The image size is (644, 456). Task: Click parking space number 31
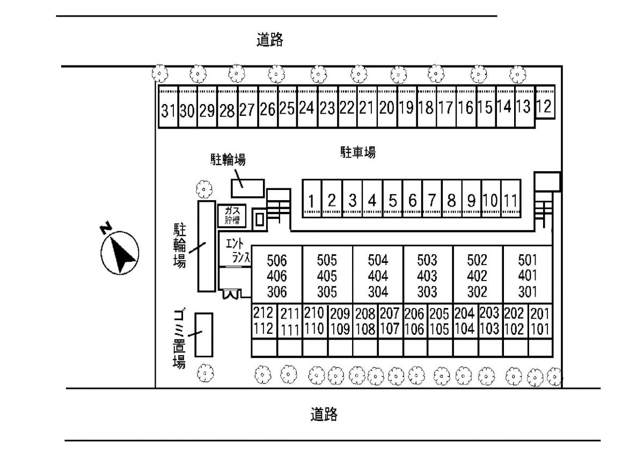pyautogui.click(x=169, y=106)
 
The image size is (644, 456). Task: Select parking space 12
pyautogui.click(x=545, y=102)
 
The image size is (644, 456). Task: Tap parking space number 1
pyautogui.click(x=312, y=198)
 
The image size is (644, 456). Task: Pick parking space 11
pyautogui.click(x=511, y=198)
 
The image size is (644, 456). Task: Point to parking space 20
pyautogui.click(x=387, y=106)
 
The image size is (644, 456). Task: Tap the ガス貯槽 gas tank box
pyautogui.click(x=232, y=216)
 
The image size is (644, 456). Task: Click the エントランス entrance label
pyautogui.click(x=237, y=251)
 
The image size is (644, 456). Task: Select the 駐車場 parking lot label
pyautogui.click(x=358, y=152)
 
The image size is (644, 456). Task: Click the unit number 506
pyautogui.click(x=277, y=260)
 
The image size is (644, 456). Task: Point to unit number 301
pyautogui.click(x=528, y=292)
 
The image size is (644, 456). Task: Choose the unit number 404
pyautogui.click(x=378, y=276)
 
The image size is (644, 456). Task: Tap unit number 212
pyautogui.click(x=263, y=313)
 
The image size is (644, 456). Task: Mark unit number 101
pyautogui.click(x=540, y=329)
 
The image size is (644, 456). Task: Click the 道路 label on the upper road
pyautogui.click(x=269, y=40)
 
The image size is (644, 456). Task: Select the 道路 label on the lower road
pyautogui.click(x=324, y=414)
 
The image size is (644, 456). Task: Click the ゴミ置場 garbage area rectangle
pyautogui.click(x=204, y=335)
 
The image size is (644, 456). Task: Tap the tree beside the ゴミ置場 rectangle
pyautogui.click(x=205, y=373)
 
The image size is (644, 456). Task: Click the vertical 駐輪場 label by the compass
pyautogui.click(x=180, y=245)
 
